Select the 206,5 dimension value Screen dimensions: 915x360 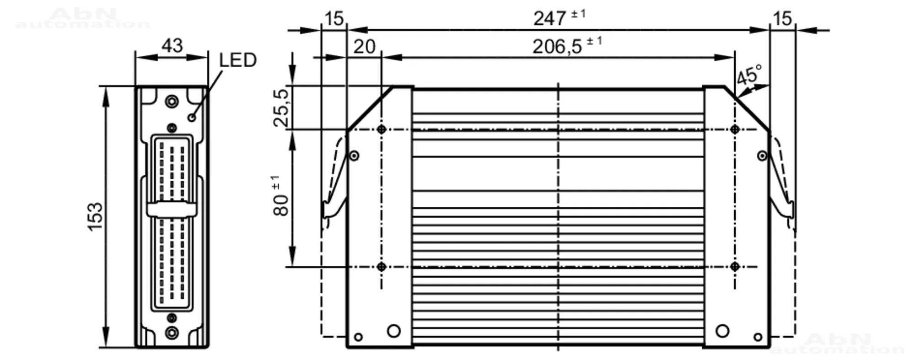557,47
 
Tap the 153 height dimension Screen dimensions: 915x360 96,216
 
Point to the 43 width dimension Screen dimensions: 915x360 172,46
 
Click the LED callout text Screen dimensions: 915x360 238,60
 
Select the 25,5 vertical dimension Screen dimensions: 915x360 282,108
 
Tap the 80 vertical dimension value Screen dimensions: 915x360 281,205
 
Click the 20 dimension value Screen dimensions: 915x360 365,47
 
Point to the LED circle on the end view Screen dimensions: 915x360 192,118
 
